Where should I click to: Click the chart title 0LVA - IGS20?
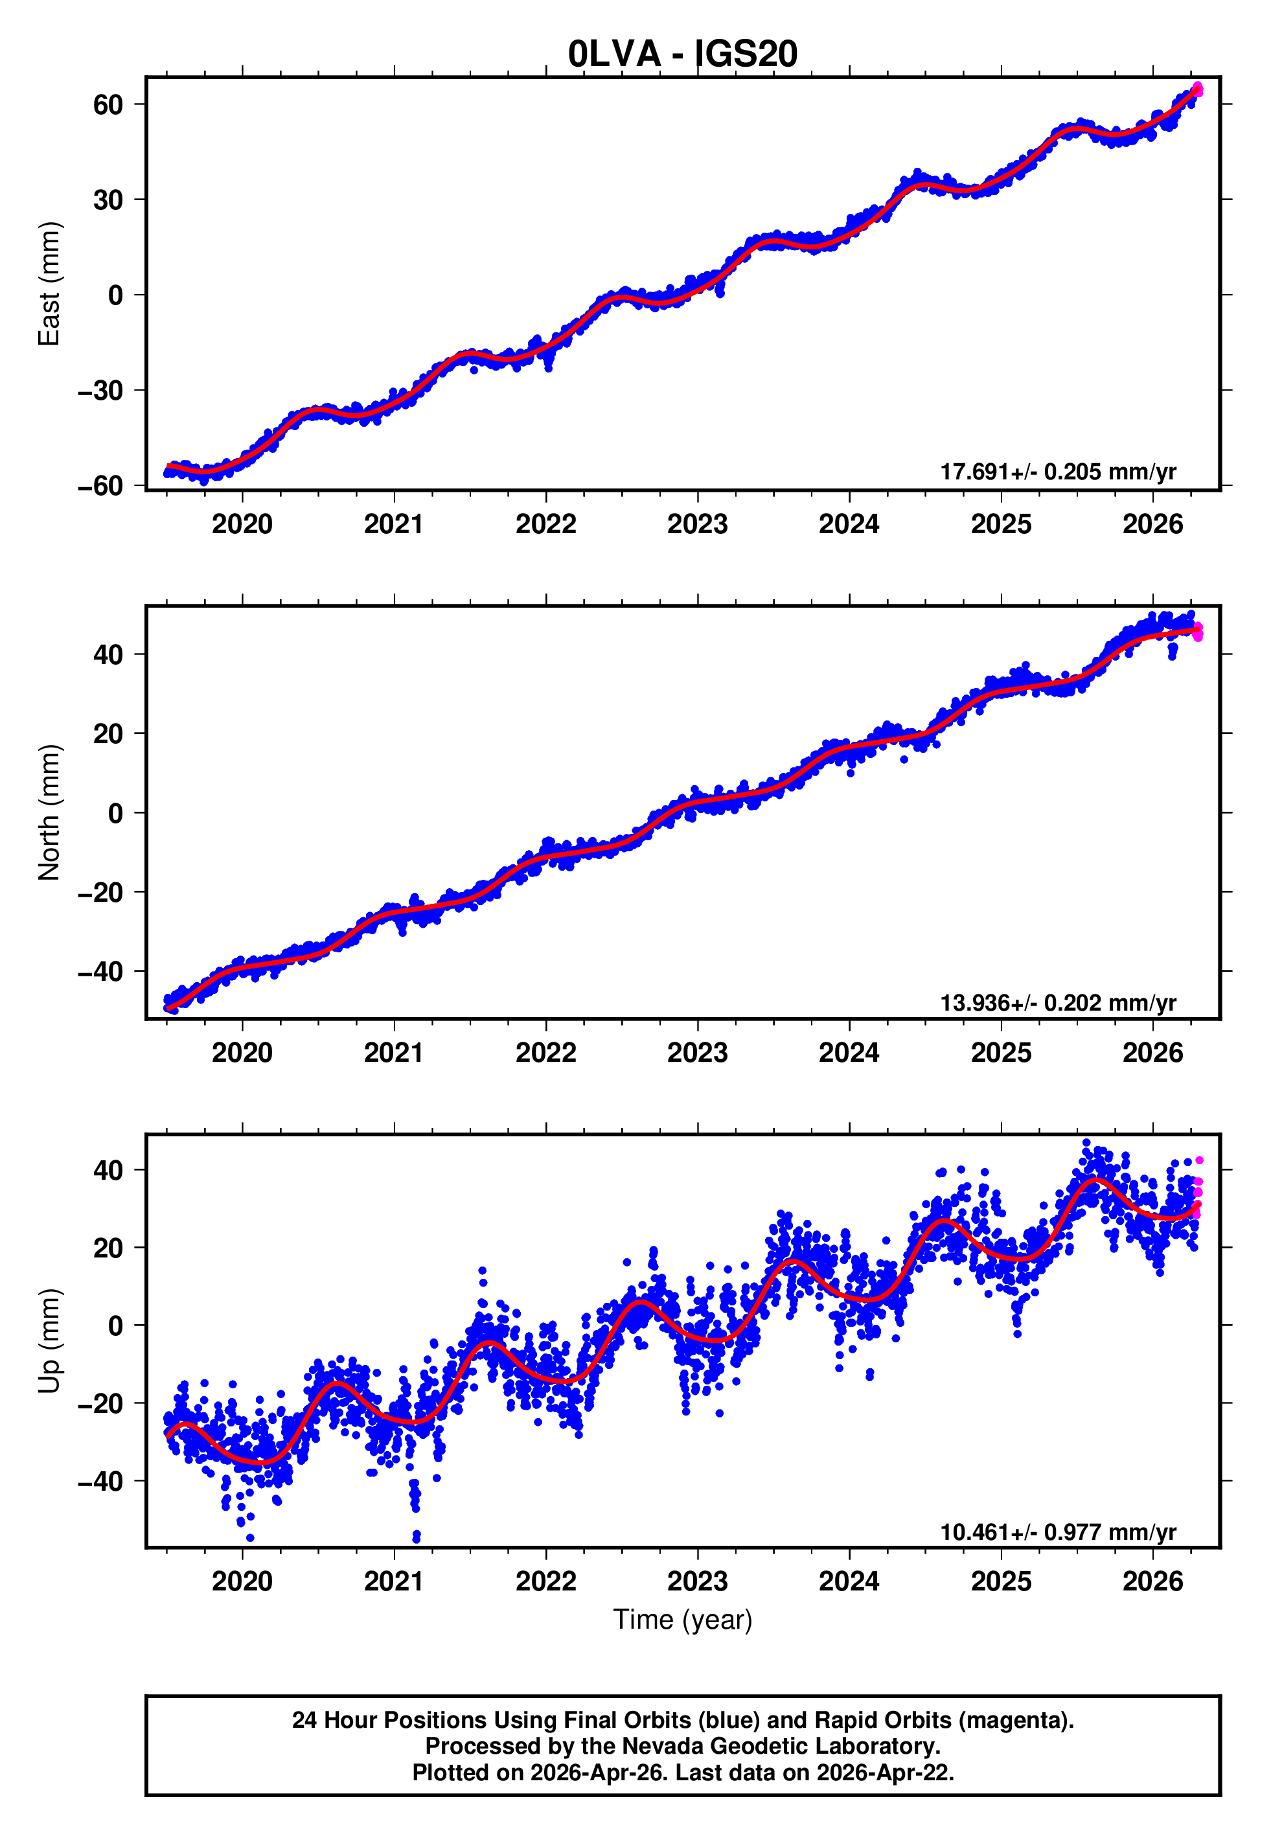[683, 54]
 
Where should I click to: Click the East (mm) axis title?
[49, 284]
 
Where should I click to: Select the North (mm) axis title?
[49, 812]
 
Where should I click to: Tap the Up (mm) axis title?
[49, 1341]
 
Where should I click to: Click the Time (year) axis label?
[683, 1620]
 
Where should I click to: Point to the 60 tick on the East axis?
[108, 104]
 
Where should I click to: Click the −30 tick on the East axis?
[100, 391]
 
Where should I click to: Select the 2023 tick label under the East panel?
[698, 524]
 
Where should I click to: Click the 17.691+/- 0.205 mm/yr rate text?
[1058, 472]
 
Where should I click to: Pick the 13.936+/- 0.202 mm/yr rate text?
[1058, 1002]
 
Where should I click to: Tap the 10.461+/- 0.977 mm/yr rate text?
[1058, 1532]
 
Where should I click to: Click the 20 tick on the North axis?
[108, 733]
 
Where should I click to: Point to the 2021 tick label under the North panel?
[393, 1053]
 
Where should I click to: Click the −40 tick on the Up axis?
[100, 1481]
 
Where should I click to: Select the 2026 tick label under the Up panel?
[1152, 1581]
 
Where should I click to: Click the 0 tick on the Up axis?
[115, 1325]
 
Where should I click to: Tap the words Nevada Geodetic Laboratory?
[781, 1746]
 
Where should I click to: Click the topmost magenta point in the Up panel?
[1198, 1161]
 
